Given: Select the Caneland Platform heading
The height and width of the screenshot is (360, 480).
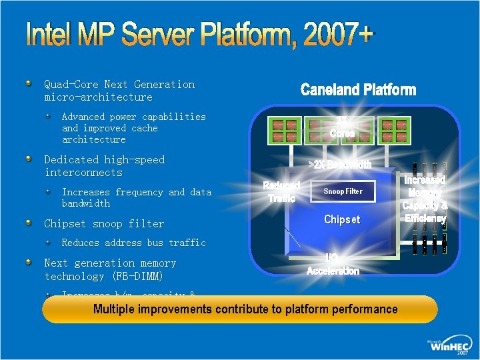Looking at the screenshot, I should coord(358,89).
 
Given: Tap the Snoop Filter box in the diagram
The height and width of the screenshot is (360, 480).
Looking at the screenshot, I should coord(343,191).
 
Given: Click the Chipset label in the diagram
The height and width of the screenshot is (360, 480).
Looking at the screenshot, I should coord(342,219).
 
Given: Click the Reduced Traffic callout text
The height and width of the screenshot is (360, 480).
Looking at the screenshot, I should coord(281,191).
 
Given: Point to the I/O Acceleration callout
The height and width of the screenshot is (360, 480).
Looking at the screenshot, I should coord(333,265).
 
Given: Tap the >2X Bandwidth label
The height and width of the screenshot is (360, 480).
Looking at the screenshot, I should coord(339,165).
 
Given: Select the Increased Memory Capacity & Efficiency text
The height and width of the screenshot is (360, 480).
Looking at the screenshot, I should coord(425,199).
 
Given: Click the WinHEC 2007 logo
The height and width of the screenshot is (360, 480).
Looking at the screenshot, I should coord(449,345).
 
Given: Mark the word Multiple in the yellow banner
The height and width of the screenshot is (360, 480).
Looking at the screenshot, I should coord(115,309).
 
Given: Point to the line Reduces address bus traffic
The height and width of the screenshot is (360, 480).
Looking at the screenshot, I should coord(133,243).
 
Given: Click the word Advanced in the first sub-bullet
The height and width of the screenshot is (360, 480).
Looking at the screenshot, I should coord(83,117).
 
